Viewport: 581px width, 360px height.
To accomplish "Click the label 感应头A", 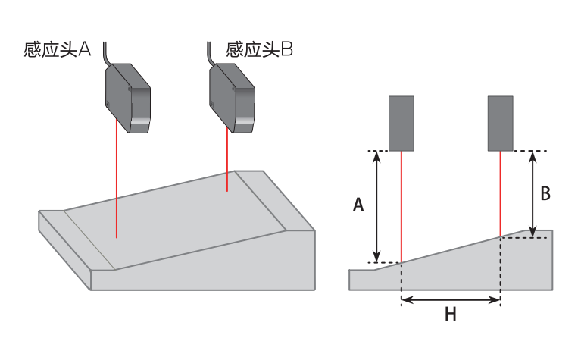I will click(58, 50).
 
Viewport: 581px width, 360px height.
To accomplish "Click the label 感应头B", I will click(259, 50).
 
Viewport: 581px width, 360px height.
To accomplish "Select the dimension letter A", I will click(359, 205).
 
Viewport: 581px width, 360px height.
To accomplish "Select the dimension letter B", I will click(545, 193).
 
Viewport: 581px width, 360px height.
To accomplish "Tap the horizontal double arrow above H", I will click(450, 299).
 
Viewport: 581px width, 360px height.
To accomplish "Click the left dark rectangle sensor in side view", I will click(401, 123).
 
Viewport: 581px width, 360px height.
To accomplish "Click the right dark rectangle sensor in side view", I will click(501, 123).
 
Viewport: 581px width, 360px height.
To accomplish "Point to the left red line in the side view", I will click(401, 205).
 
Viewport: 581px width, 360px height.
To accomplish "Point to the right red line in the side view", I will click(501, 193).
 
